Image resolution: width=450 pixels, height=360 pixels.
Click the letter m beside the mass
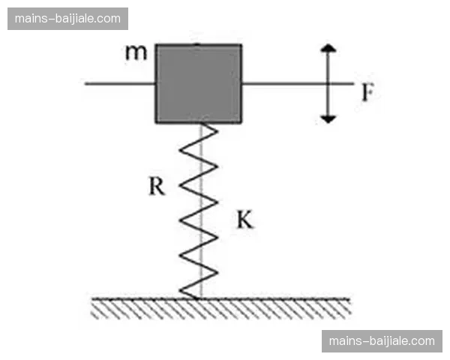click(x=135, y=53)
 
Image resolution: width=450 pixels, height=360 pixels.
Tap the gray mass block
click(x=198, y=83)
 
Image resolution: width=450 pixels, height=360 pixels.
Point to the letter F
click(x=367, y=93)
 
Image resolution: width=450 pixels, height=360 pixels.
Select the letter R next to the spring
click(x=156, y=186)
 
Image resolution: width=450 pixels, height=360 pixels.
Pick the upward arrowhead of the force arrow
click(x=328, y=49)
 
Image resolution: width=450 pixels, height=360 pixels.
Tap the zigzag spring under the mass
click(x=199, y=210)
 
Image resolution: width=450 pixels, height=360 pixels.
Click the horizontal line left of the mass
click(x=120, y=83)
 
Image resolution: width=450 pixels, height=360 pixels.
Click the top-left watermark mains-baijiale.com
click(x=69, y=18)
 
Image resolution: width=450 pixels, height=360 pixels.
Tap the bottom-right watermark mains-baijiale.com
click(x=381, y=341)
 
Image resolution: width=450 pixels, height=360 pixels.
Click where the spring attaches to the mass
click(x=201, y=124)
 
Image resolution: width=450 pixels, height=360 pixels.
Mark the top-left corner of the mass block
click(x=156, y=45)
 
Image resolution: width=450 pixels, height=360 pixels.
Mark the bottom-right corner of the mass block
click(x=241, y=122)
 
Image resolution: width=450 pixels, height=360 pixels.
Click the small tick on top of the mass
click(x=197, y=43)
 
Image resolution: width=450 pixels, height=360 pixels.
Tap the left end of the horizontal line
click(x=86, y=83)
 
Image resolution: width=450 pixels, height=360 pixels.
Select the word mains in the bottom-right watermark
click(x=343, y=341)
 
